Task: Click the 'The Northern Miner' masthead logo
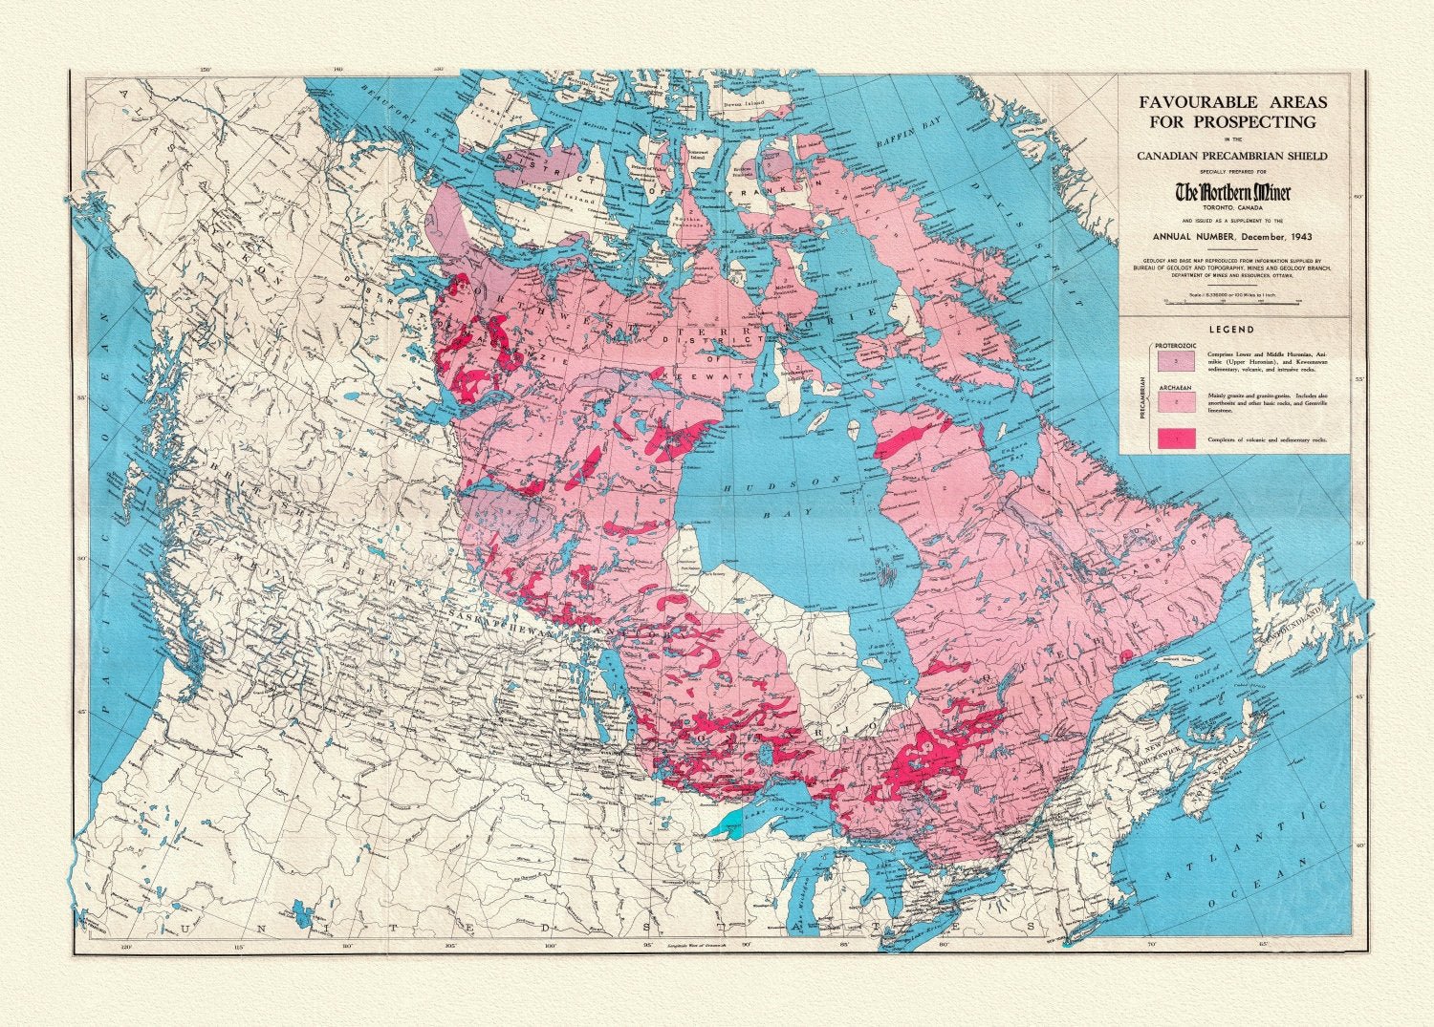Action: click(1232, 193)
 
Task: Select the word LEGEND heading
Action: click(1232, 329)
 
